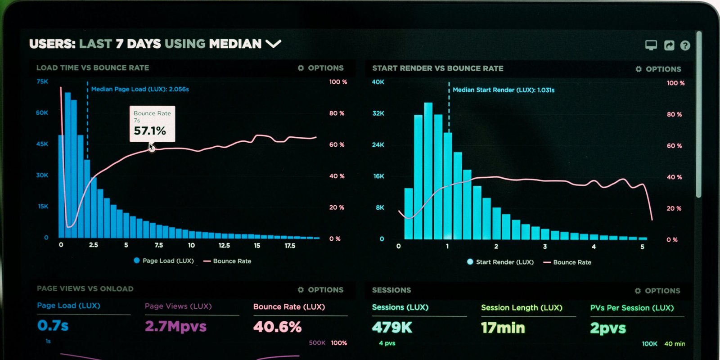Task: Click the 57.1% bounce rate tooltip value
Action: coord(150,131)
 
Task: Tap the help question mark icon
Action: coord(685,45)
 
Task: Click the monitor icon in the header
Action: coord(651,45)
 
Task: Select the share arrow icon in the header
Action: coord(669,45)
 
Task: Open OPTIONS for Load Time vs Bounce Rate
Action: coord(321,68)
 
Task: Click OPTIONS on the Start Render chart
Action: coord(658,69)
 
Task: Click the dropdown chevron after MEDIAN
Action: coord(273,44)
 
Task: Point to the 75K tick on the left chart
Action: coord(42,81)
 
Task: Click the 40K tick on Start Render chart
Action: coord(378,82)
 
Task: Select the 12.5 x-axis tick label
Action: coord(224,245)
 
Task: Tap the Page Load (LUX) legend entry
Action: coord(164,261)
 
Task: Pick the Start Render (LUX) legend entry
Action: coord(500,262)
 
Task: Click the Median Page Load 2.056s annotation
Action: coord(140,89)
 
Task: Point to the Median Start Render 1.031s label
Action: coord(504,90)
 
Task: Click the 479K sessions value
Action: coord(392,328)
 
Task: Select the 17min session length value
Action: coord(503,328)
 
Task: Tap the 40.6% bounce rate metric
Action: coord(277,327)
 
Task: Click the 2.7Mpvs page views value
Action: coord(175,326)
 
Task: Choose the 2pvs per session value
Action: coord(608,328)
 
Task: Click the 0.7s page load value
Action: coord(53,325)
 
